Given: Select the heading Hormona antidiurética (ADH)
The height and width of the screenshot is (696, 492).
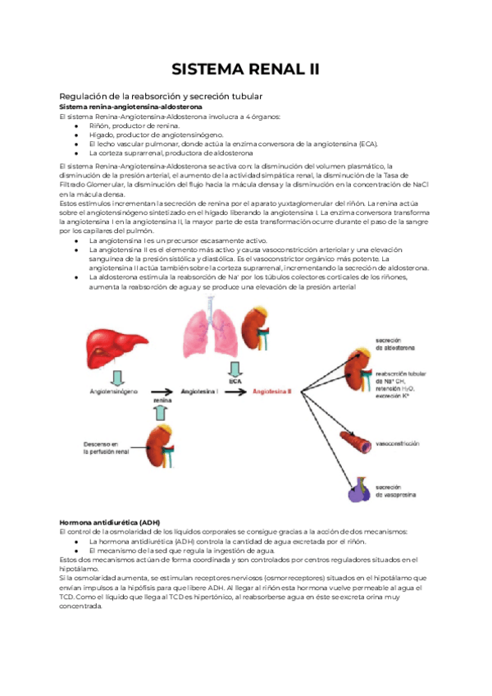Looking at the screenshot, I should coord(110,523).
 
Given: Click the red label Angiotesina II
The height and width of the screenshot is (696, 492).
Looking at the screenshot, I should coord(272,392).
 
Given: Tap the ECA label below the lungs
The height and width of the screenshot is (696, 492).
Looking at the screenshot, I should coord(235,381).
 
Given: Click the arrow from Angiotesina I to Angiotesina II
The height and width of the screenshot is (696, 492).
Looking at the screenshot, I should coord(236,392).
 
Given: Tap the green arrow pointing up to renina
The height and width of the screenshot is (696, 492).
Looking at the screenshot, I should coord(161,415).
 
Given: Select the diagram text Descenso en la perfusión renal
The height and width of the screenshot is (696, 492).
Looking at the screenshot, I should coord(102,449).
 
